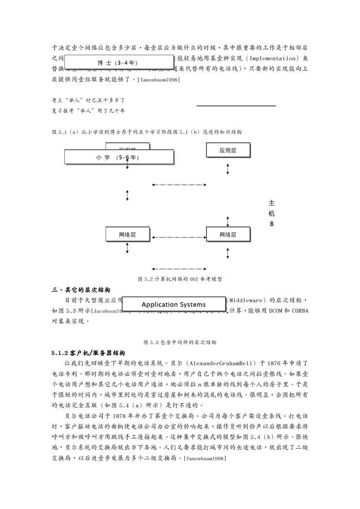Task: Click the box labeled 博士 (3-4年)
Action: (119, 63)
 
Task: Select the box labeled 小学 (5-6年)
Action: (119, 158)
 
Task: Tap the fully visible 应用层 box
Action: (228, 150)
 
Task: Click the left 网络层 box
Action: (127, 235)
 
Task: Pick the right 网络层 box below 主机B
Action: (228, 235)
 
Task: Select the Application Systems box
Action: (174, 304)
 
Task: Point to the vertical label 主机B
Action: (271, 213)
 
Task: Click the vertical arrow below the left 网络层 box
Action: (127, 248)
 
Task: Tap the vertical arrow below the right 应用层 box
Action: (228, 169)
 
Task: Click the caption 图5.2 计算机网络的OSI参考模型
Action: (180, 279)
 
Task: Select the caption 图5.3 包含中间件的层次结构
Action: (180, 342)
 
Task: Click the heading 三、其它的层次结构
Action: (81, 290)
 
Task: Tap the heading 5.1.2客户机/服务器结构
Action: (89, 352)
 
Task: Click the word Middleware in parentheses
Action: (247, 300)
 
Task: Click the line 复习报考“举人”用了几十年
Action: (89, 111)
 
